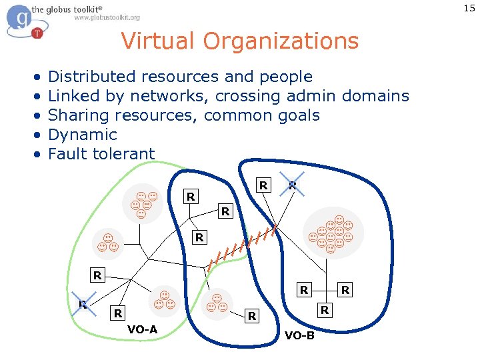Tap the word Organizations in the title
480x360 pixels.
[x=282, y=41]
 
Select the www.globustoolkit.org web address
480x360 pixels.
[x=107, y=17]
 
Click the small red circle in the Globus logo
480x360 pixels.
[x=37, y=33]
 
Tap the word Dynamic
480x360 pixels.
[x=83, y=135]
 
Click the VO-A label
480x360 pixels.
[x=143, y=329]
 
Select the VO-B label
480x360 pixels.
[x=299, y=335]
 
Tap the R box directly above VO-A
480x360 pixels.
[x=118, y=313]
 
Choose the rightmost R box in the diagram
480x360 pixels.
[x=345, y=290]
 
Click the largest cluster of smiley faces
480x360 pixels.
[x=331, y=233]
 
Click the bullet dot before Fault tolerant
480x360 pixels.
[x=38, y=155]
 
